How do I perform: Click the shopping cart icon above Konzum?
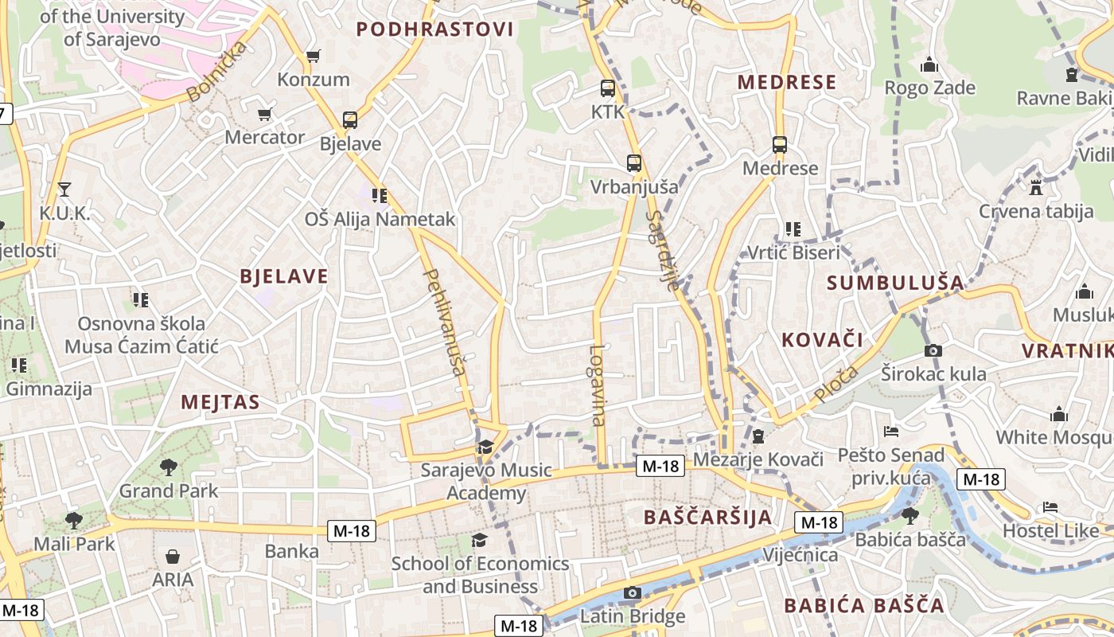tap(313, 56)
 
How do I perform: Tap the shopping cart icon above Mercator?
tap(265, 114)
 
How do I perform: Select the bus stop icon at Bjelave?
tap(349, 120)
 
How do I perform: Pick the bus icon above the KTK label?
tap(608, 88)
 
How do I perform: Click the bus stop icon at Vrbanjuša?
tap(634, 163)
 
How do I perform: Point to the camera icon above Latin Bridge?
tap(633, 592)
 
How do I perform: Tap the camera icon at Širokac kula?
tap(933, 350)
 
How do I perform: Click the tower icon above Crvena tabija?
tap(1035, 188)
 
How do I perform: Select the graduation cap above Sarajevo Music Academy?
tap(485, 447)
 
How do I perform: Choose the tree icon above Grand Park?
tap(168, 467)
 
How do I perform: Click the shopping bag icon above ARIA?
tap(173, 557)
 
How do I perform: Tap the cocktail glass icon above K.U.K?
tap(64, 190)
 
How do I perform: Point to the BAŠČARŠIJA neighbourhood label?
tap(707, 517)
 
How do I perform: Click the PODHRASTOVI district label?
tap(434, 29)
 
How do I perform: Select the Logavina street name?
tap(598, 385)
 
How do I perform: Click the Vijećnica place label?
tap(800, 554)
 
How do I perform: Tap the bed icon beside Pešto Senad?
tap(891, 432)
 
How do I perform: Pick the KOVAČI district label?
tap(822, 340)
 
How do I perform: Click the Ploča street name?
tap(836, 384)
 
